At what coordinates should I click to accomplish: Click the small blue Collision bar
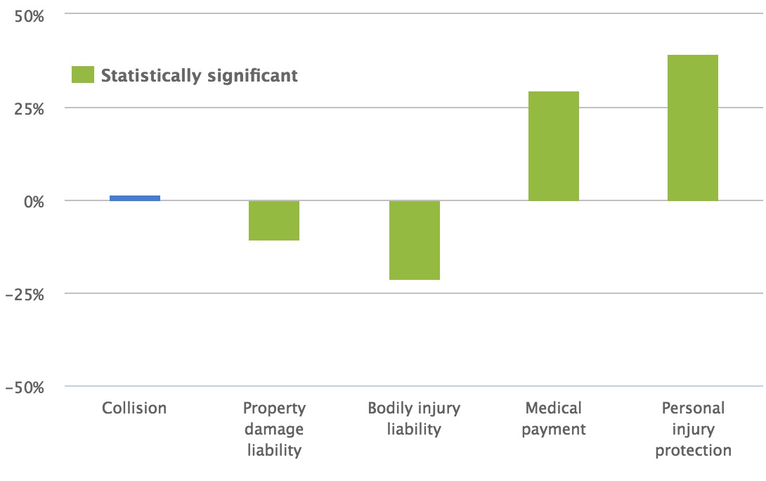coord(134,198)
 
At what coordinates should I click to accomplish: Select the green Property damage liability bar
coord(274,221)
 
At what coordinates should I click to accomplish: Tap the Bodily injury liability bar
coord(414,240)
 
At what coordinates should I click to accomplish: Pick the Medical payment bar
coord(554,146)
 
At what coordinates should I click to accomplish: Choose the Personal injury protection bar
coord(693,128)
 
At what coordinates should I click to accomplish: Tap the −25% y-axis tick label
coord(25,295)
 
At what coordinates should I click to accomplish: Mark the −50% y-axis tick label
coord(25,388)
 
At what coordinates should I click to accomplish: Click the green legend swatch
coord(83,75)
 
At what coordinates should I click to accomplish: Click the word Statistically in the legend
coord(151,76)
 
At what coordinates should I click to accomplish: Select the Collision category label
coord(134,408)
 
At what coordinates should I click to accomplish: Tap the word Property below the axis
coord(274,408)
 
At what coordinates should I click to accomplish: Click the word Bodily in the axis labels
coord(390,408)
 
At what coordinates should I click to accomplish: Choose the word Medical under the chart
coord(554,408)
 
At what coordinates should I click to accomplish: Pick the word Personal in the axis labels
coord(693,408)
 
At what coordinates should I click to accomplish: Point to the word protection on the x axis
coord(693,450)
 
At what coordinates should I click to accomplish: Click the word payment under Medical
coord(554,429)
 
